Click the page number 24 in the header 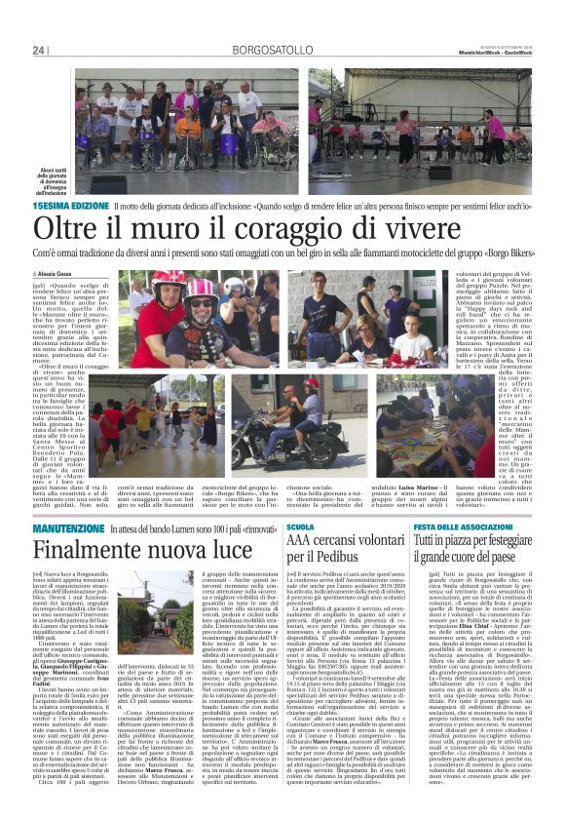tap(39, 51)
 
